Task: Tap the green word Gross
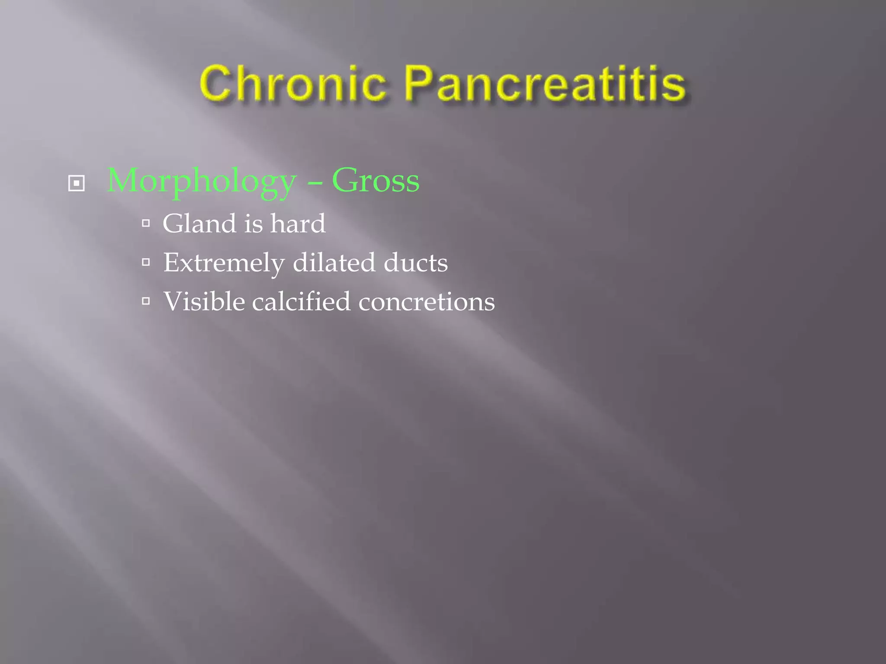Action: (x=376, y=181)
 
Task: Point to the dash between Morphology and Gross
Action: (x=315, y=183)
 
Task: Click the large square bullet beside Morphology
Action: (x=77, y=183)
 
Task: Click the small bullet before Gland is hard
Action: (x=146, y=223)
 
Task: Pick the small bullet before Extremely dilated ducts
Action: (x=146, y=262)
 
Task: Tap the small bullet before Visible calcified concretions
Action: (x=146, y=301)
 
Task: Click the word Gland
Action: (x=199, y=223)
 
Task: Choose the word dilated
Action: (x=334, y=262)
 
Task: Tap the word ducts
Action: (x=415, y=262)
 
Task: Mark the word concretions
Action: (x=427, y=302)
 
